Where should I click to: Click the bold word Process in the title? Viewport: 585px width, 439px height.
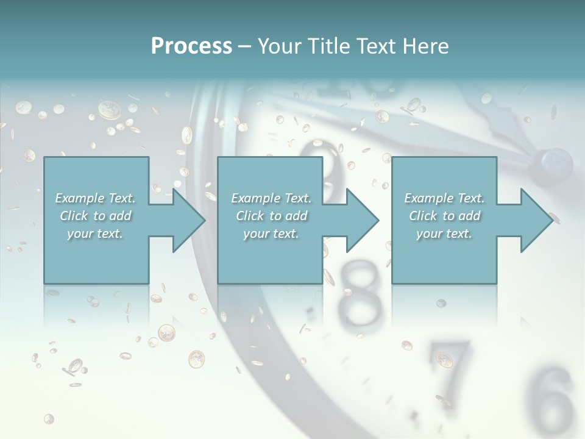191,46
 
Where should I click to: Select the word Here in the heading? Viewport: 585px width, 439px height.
426,46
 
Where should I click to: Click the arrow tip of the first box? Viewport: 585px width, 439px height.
204,220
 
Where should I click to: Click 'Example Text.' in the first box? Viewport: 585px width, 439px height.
96,198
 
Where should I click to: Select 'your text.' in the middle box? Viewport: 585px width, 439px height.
271,234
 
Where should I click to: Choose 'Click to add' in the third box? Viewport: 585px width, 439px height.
445,216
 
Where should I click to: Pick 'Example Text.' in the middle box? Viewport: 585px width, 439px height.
271,198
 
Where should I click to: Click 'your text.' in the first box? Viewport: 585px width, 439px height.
96,234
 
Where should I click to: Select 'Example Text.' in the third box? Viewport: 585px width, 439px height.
445,198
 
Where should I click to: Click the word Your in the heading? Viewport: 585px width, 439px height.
278,46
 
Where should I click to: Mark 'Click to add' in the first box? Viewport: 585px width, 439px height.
96,216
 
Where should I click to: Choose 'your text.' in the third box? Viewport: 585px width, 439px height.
445,234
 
